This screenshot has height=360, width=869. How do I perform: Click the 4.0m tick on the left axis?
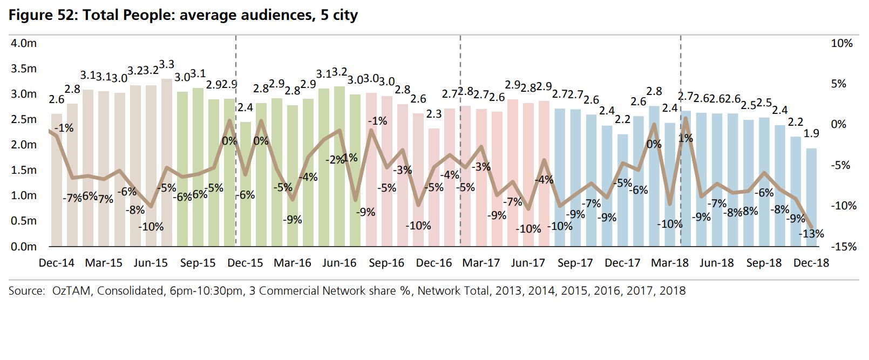(x=24, y=43)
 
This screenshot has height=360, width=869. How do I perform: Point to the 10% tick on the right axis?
(x=841, y=43)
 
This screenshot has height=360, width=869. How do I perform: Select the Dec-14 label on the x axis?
(x=56, y=263)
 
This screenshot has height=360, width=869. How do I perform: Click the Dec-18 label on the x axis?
(x=811, y=263)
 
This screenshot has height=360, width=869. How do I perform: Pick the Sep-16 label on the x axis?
(x=386, y=263)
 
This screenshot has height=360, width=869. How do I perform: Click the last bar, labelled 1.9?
(x=811, y=198)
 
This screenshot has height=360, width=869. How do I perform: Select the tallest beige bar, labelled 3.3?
(x=167, y=162)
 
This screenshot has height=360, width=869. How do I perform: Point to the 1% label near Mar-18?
(x=685, y=138)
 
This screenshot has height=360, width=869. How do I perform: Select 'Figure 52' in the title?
(x=42, y=15)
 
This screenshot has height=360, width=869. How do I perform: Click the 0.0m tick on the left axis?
(x=24, y=247)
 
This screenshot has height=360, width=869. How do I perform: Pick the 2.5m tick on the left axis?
(x=24, y=119)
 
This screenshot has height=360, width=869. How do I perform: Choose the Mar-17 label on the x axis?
(x=480, y=263)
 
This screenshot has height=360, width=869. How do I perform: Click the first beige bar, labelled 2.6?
(x=56, y=180)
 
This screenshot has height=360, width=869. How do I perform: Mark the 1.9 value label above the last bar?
(x=811, y=133)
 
